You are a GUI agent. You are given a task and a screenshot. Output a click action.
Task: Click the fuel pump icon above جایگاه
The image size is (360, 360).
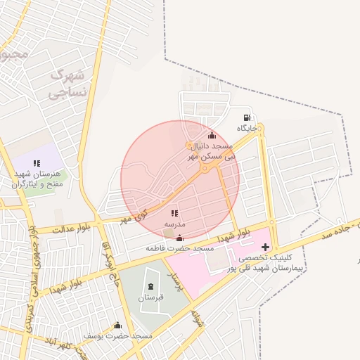pyautogui.click(x=246, y=117)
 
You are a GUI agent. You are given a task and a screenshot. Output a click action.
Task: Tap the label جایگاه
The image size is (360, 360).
pyautogui.click(x=247, y=129)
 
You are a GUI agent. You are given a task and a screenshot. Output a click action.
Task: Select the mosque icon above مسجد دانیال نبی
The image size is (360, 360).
pyautogui.click(x=212, y=136)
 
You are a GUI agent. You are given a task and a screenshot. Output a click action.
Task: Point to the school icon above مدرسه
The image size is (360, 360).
pyautogui.click(x=174, y=212)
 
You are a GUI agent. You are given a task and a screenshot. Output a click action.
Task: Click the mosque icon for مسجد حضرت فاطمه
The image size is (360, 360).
pyautogui.click(x=180, y=238)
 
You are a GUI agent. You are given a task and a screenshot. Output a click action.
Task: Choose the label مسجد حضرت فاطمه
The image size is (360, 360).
pyautogui.click(x=180, y=249)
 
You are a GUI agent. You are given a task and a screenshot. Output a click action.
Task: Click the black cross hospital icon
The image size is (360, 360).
pyautogui.click(x=265, y=247)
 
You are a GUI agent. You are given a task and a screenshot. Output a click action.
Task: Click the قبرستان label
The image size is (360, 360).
pyautogui.click(x=151, y=297)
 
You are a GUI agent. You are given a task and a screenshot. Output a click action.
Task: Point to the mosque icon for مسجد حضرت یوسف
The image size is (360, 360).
pyautogui.click(x=117, y=326)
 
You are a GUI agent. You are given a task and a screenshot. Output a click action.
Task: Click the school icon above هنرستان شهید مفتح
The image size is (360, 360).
pyautogui.click(x=37, y=163)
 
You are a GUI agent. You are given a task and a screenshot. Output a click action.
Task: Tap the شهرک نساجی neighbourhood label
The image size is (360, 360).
pyautogui.click(x=70, y=82)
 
